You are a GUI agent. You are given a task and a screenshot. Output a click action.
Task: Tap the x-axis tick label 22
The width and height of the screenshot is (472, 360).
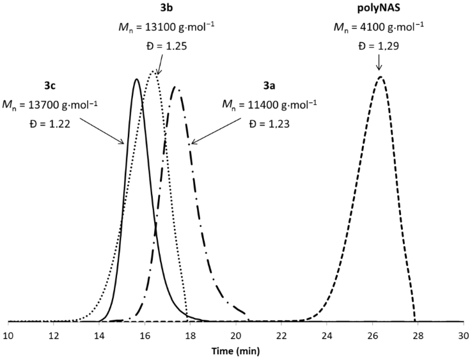click(x=282, y=334)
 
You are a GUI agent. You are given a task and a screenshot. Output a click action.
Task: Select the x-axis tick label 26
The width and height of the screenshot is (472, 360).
click(x=373, y=334)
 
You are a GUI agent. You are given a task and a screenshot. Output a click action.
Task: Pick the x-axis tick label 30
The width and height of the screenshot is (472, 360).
click(x=464, y=334)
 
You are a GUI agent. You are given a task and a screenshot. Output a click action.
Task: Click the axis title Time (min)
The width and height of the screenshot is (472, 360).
click(x=236, y=350)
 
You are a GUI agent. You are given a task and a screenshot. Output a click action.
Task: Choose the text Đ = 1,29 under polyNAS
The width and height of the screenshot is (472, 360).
click(x=378, y=46)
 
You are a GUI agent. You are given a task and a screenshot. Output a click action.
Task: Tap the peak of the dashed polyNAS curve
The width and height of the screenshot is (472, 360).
click(x=381, y=77)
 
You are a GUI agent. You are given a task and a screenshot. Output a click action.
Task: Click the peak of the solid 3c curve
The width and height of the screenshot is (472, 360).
click(x=136, y=79)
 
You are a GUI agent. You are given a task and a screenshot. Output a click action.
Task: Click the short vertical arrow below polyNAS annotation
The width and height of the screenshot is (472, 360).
click(x=379, y=63)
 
